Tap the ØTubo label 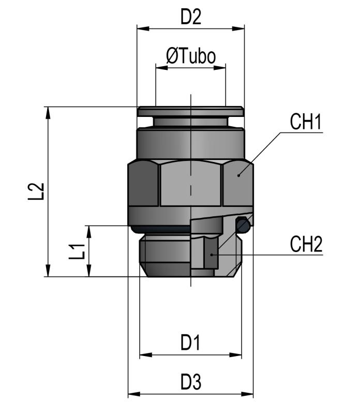(x=190, y=56)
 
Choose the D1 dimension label (x=190, y=342)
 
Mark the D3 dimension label (x=190, y=382)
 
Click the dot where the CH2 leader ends (x=213, y=255)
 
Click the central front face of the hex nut (x=191, y=184)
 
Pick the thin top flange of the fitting (x=190, y=110)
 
